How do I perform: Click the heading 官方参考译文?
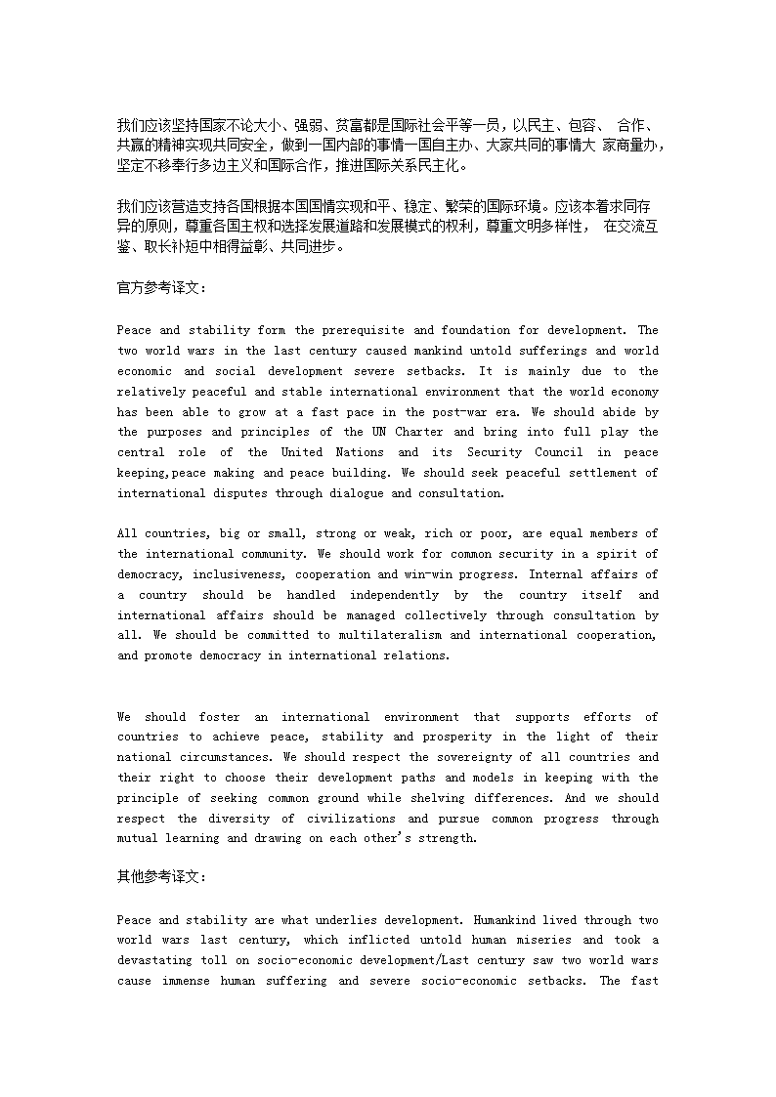[x=161, y=288]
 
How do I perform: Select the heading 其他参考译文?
[x=161, y=876]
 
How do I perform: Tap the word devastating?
[x=161, y=960]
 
